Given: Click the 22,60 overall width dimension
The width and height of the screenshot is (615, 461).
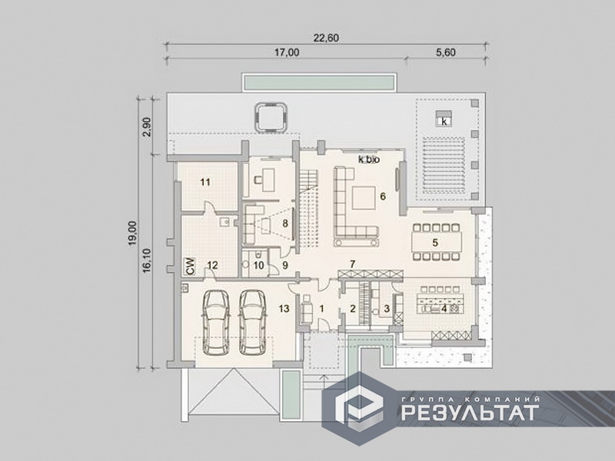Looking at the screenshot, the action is (x=326, y=38).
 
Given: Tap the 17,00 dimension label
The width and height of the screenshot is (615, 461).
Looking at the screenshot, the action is (x=286, y=52).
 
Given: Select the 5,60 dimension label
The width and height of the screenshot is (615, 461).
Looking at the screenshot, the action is (x=446, y=52).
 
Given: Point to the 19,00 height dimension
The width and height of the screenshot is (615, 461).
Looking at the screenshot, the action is (x=132, y=234).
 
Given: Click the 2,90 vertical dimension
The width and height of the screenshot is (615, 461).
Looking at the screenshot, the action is (x=148, y=127).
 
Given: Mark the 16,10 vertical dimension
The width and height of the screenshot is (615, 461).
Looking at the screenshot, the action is (x=147, y=260).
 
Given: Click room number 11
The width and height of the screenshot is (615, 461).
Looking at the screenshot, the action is (x=205, y=182).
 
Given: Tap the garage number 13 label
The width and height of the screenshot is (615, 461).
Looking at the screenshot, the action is (x=284, y=309).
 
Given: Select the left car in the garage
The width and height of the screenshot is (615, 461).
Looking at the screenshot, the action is (x=215, y=323).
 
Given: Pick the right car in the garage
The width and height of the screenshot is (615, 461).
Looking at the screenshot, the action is (x=253, y=323).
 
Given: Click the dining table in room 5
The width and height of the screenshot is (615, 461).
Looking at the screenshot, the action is (x=436, y=242).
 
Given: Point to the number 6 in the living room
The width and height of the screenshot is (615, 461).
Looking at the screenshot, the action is (x=383, y=196).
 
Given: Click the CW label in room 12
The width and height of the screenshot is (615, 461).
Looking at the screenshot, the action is (x=191, y=266).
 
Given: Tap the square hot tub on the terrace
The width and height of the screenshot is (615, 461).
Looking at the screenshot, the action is (x=271, y=117).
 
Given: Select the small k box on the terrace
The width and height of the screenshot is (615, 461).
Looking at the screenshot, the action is (x=444, y=121).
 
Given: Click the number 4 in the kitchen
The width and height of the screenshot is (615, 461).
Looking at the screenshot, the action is (x=444, y=309).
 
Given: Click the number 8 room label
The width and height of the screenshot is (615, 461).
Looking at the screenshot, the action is (x=285, y=224).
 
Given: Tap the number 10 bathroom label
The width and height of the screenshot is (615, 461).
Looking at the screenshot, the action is (x=258, y=265).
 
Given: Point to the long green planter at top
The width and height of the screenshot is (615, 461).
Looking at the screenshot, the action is (x=318, y=83).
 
